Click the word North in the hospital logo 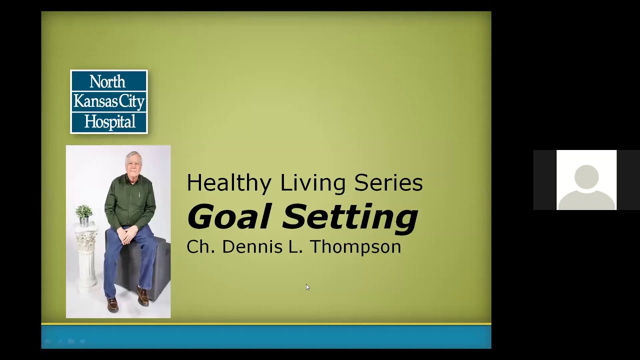pos(107,81)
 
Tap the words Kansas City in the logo pos(109,101)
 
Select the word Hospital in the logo pos(109,121)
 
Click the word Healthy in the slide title pos(230,183)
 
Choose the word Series pos(388,183)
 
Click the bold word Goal pos(230,217)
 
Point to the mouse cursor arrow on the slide pos(307,287)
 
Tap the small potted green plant pos(84,213)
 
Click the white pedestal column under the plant pos(86,255)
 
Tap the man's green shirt pos(131,202)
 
